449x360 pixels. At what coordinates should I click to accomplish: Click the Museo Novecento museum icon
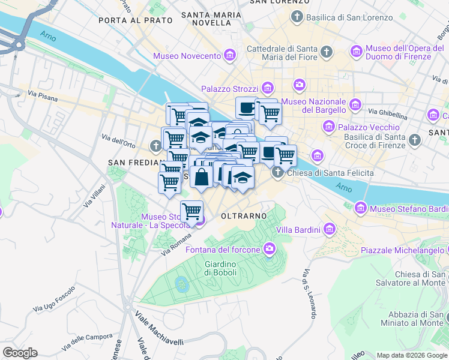229,56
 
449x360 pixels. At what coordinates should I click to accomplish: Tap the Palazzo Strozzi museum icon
267,89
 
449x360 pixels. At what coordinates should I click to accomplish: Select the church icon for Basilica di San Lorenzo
297,17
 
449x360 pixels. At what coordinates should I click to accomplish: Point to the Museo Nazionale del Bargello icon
355,105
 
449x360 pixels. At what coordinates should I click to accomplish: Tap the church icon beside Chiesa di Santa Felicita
277,173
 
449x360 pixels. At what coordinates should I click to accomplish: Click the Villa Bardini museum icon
329,229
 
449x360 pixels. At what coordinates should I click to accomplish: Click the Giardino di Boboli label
220,268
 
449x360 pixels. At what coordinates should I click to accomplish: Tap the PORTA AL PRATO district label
135,20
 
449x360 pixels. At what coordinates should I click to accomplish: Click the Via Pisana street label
41,94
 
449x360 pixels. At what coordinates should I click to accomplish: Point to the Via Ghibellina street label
390,112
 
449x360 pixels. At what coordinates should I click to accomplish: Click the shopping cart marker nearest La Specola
191,212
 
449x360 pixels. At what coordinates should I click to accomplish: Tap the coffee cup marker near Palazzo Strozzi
246,108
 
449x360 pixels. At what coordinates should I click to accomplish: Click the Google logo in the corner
20,353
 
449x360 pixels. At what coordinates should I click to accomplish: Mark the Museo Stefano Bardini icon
360,208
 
